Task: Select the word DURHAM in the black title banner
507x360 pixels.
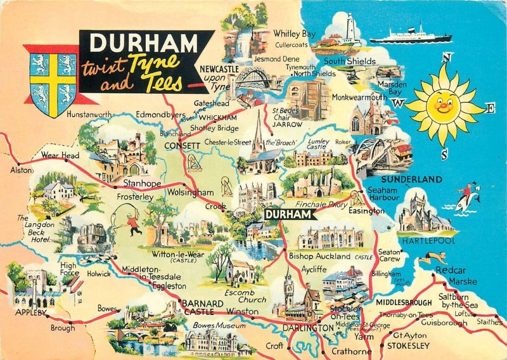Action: [x=144, y=43]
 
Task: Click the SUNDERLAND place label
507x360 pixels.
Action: [x=411, y=180]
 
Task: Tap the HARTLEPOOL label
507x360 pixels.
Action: [x=425, y=241]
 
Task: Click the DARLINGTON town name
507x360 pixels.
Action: [x=307, y=328]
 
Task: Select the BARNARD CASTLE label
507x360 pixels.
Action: [x=203, y=307]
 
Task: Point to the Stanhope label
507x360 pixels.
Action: [x=142, y=184]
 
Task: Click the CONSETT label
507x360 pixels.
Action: [x=183, y=145]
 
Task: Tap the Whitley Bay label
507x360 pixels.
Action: [x=294, y=34]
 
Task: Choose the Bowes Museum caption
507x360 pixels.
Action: [x=219, y=325]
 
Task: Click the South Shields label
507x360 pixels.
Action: [x=350, y=61]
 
